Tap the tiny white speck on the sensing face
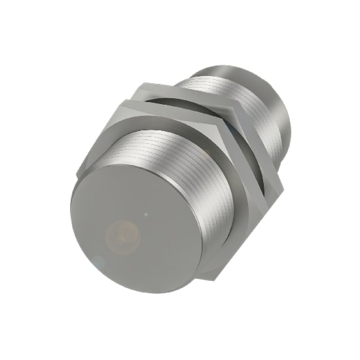(149, 213)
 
